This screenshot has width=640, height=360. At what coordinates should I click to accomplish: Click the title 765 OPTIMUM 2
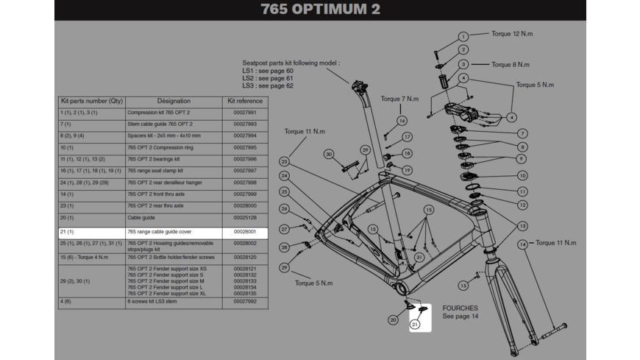[321, 10]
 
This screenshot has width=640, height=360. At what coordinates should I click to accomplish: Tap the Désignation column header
[174, 101]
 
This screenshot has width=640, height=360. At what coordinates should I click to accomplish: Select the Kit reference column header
[245, 101]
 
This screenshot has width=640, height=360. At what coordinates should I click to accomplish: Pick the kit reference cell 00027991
[245, 113]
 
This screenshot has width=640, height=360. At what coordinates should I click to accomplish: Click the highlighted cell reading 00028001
[245, 232]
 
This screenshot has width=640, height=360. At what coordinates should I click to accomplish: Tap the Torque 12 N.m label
[513, 34]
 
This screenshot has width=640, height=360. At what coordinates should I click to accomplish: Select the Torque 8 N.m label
[511, 65]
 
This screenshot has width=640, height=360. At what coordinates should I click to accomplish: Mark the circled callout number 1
[463, 37]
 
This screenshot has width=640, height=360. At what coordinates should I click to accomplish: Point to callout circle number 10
[522, 176]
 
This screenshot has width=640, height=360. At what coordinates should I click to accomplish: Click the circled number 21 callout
[415, 325]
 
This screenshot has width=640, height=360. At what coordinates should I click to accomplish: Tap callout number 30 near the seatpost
[329, 155]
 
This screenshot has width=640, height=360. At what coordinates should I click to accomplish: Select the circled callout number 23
[284, 162]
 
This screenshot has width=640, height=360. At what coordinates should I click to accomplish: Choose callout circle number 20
[394, 320]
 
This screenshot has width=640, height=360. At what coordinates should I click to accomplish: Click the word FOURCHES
[460, 308]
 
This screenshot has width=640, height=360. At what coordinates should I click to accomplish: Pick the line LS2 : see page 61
[268, 78]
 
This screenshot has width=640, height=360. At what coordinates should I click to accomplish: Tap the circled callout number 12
[522, 205]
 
